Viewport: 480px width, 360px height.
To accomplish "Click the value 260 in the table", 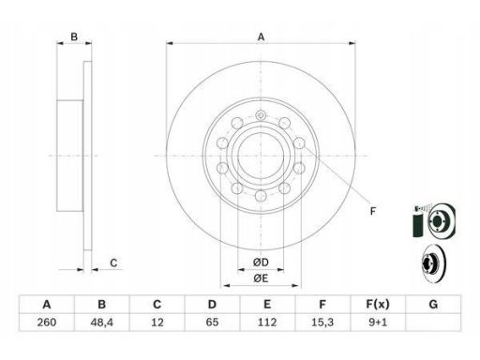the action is [x=47, y=322].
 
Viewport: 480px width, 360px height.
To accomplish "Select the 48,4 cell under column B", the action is [x=101, y=322].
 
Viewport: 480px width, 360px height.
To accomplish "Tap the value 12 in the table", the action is [x=157, y=322].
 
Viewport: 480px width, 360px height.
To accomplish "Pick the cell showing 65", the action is [x=212, y=322].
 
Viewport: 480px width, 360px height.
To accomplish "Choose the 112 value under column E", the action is [x=267, y=322].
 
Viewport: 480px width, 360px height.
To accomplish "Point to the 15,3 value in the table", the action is [x=322, y=322].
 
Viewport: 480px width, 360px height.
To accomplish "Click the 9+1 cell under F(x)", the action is [x=378, y=322].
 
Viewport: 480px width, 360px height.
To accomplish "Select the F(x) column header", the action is [x=378, y=304].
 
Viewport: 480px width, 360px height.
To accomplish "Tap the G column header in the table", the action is [x=433, y=304].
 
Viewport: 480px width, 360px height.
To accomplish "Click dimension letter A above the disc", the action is [x=261, y=37].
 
